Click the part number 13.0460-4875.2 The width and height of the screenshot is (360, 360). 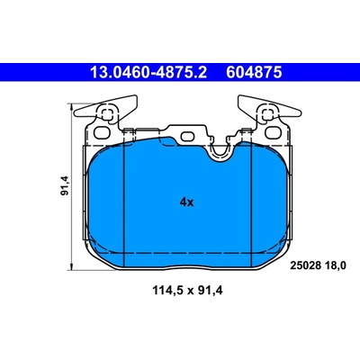coord(148,72)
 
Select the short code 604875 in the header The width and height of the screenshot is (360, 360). coord(254,72)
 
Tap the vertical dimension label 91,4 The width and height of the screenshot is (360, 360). coord(65,185)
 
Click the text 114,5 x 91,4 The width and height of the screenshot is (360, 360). coord(188,291)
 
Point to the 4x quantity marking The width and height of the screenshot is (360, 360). coord(186,202)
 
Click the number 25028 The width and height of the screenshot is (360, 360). coord(305,265)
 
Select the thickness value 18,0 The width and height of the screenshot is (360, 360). coord(334,265)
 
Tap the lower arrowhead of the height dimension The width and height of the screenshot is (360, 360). coord(71,265)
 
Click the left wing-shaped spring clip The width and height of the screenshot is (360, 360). coord(105,109)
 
